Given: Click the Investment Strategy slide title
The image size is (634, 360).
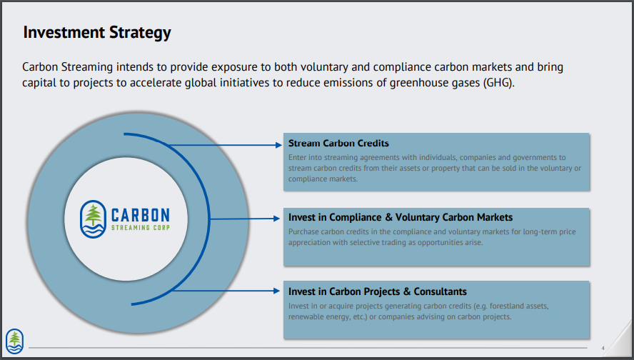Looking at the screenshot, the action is click(x=97, y=33).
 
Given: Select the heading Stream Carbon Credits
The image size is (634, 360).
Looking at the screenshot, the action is click(x=338, y=143).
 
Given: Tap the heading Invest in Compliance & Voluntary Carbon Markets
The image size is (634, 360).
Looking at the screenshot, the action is click(x=401, y=218).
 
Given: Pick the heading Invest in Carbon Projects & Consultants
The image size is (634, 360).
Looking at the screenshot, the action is click(x=377, y=291).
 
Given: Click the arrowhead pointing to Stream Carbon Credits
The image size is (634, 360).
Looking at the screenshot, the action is click(x=278, y=145).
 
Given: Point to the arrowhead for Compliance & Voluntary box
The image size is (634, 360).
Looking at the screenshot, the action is click(x=277, y=219).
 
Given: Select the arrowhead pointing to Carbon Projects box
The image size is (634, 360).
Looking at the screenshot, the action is click(x=277, y=291).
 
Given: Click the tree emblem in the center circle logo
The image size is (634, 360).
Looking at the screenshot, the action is click(x=94, y=219).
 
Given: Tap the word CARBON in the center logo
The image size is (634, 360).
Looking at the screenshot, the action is click(x=141, y=215).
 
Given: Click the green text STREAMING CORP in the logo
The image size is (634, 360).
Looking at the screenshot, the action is click(x=141, y=228).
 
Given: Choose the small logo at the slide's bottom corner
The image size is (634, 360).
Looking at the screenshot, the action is click(x=14, y=341).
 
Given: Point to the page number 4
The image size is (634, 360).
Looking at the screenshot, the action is click(x=603, y=348).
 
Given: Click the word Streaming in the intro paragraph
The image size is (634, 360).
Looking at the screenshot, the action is click(x=87, y=67).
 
